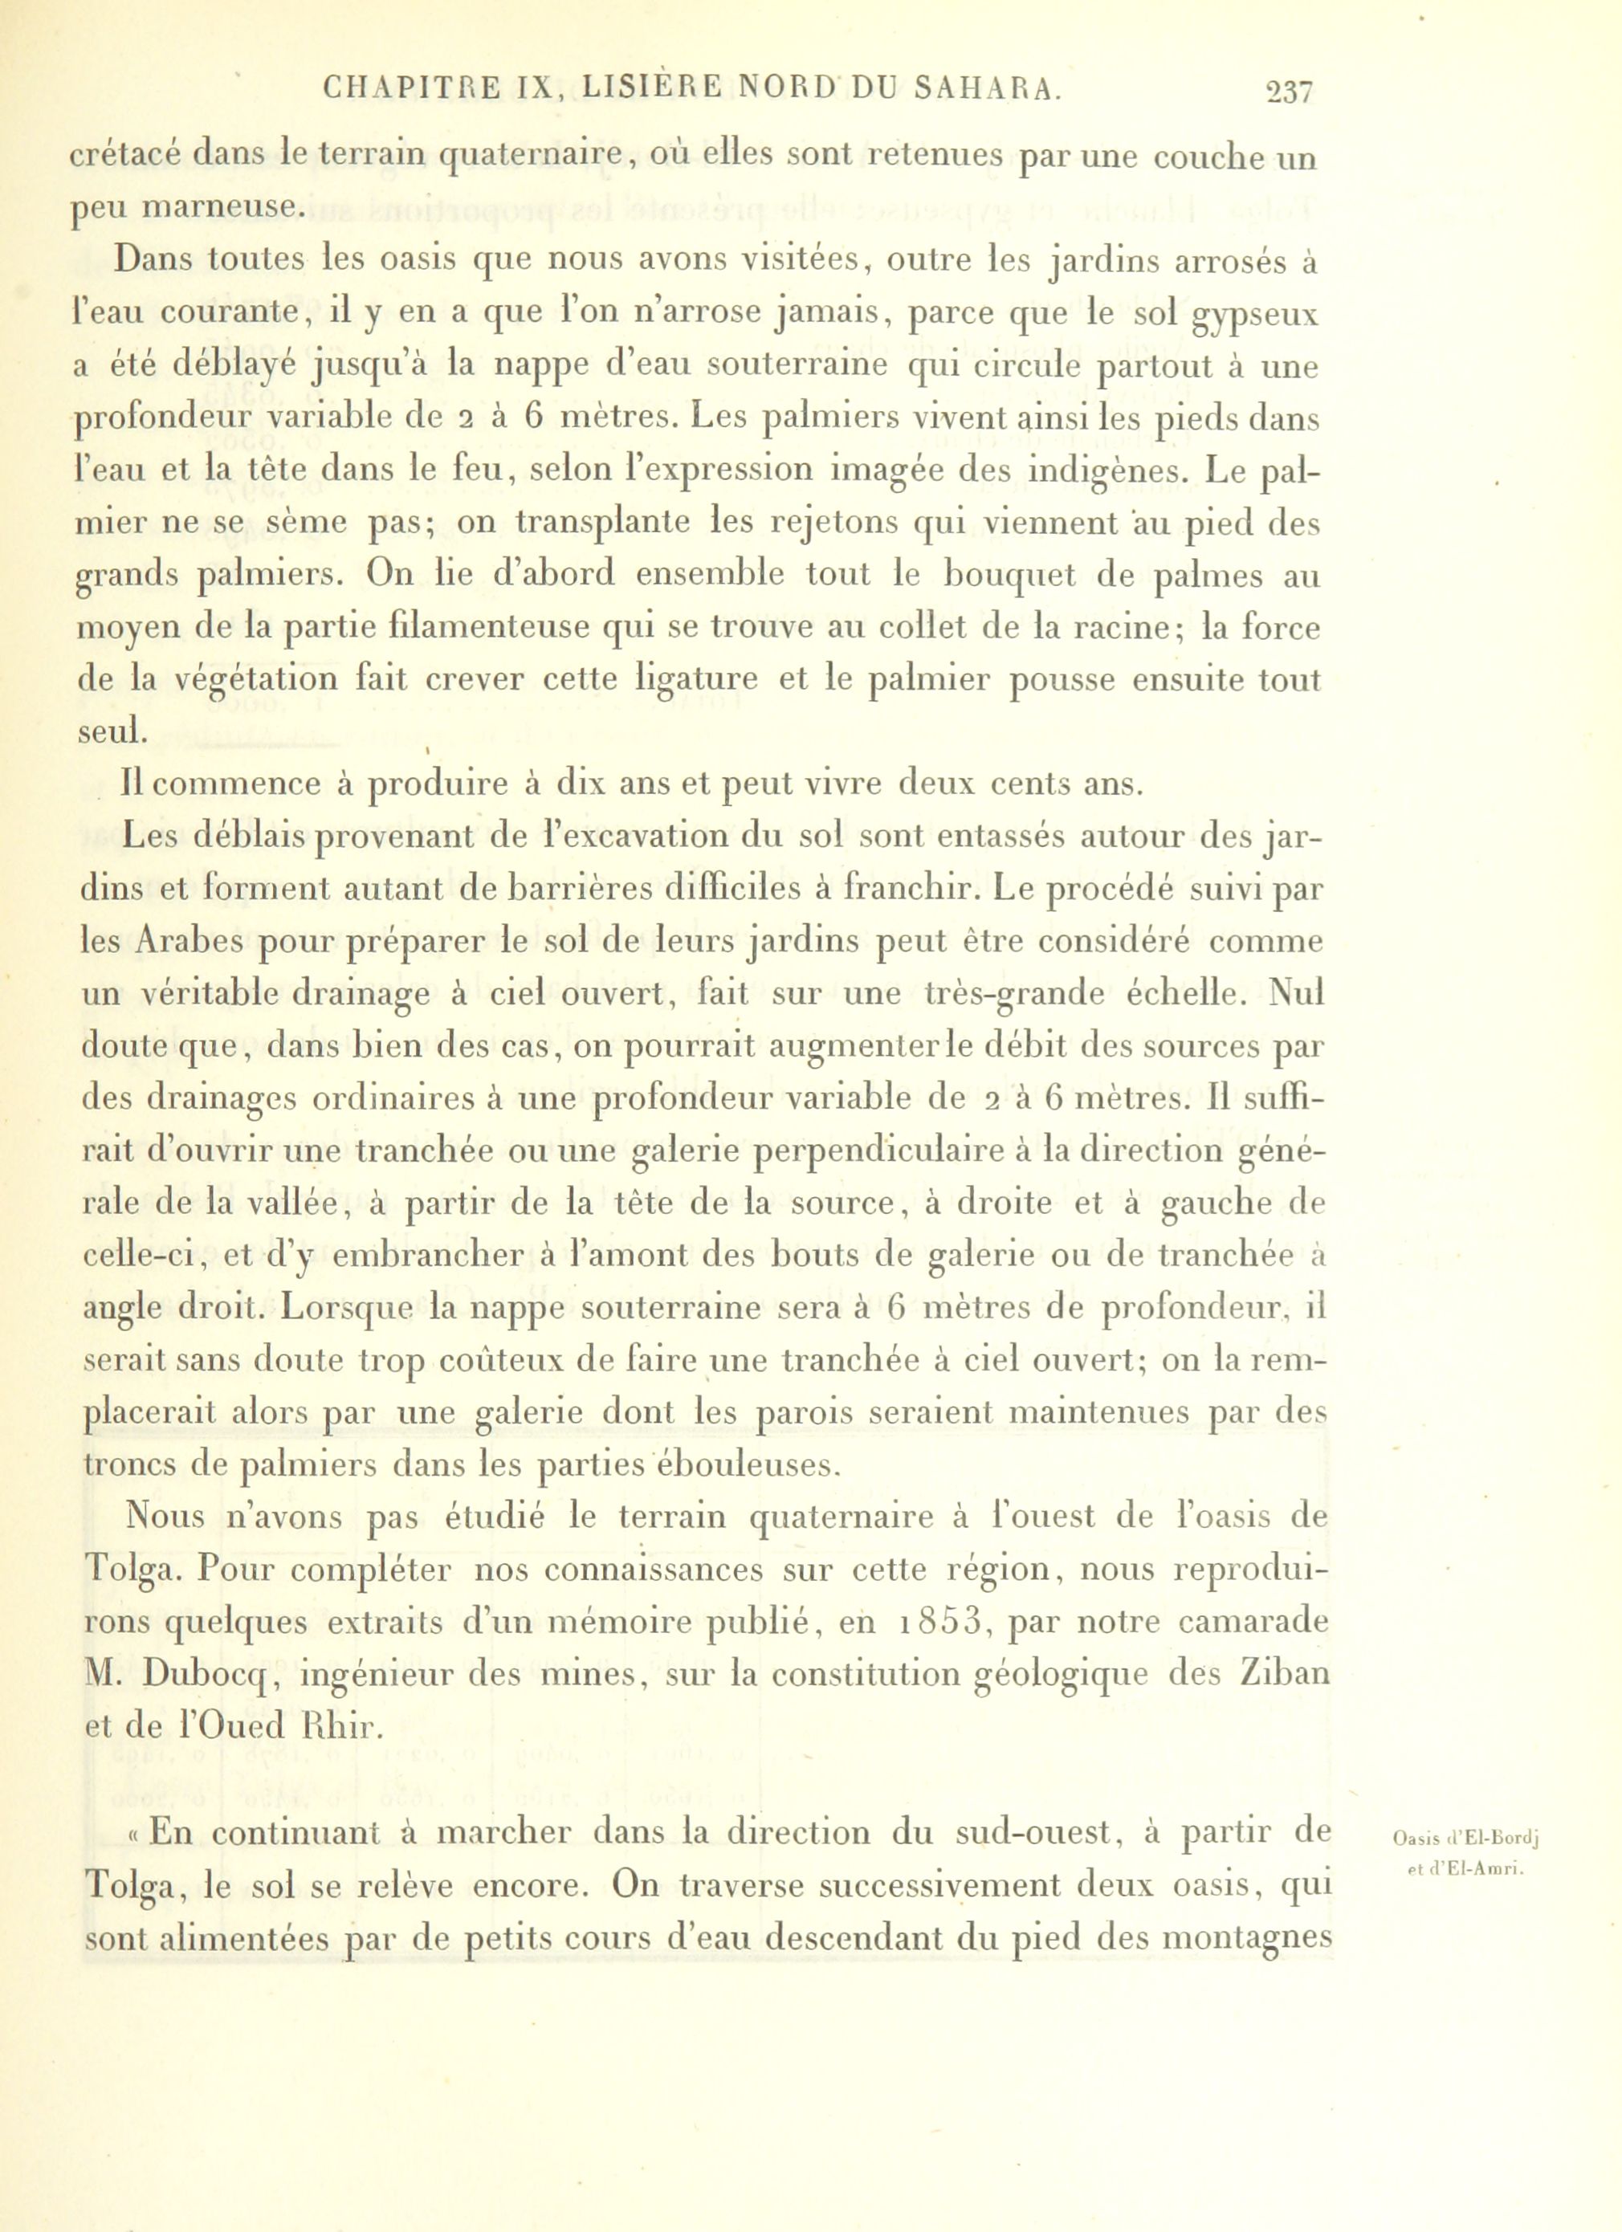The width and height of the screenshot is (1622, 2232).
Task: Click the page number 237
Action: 1290,92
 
